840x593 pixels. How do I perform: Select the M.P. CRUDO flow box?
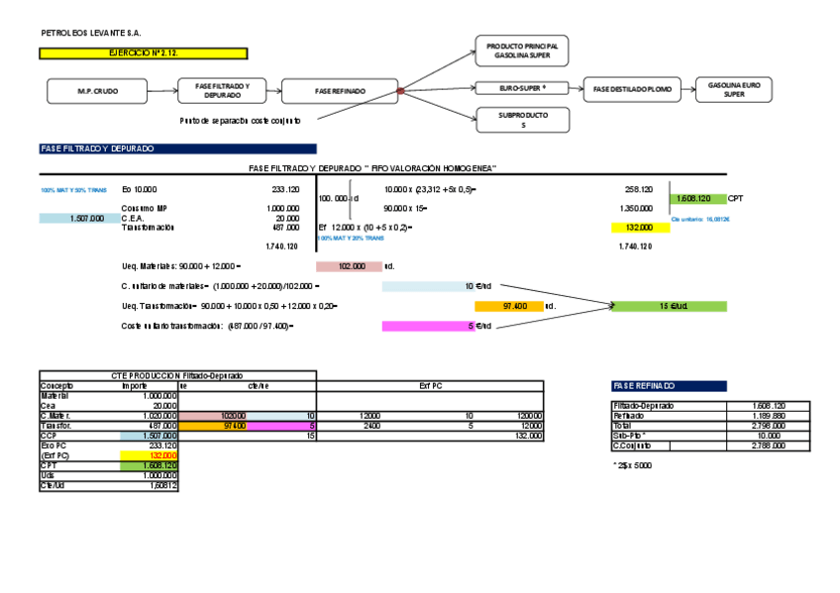coord(97,91)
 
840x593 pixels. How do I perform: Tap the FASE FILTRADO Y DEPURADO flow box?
coord(229,91)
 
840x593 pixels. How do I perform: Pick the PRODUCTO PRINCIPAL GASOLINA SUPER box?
coord(522,51)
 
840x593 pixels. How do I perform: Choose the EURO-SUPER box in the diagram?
coord(522,89)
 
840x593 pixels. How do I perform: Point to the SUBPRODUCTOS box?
coord(522,120)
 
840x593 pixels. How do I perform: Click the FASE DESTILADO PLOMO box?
coord(631,90)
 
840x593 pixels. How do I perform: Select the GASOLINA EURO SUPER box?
coord(733,90)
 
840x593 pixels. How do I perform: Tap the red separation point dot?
coord(400,91)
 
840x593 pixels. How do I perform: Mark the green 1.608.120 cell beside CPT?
coord(699,198)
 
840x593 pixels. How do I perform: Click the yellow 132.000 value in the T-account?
coord(640,228)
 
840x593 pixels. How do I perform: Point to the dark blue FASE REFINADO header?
coord(669,386)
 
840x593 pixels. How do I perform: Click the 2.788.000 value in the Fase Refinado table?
coord(768,445)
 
